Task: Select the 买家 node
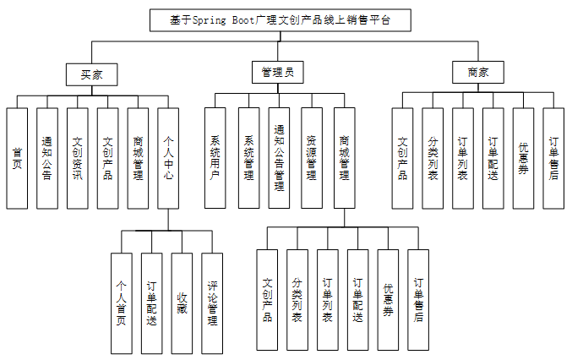point(91,74)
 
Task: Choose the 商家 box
point(477,74)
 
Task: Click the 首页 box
point(17,158)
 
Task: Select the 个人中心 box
point(168,158)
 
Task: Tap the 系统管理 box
point(248,158)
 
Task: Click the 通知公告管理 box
point(279,158)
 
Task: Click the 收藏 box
point(182,303)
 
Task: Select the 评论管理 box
point(212,303)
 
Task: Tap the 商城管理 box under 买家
point(138,158)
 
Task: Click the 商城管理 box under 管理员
point(344,158)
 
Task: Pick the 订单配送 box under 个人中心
point(152,303)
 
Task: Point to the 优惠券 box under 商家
point(523,158)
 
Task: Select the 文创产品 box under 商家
point(403,158)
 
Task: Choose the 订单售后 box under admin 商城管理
point(418,300)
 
